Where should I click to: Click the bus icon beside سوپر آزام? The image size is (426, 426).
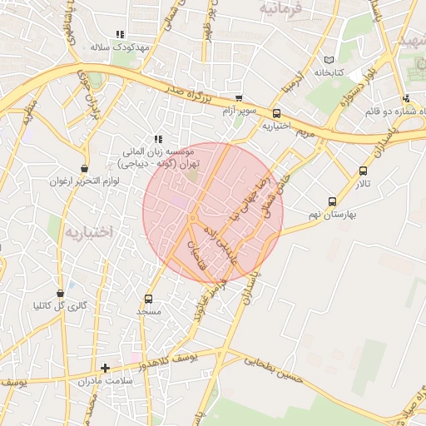[240, 97]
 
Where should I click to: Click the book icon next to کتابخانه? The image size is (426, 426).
[330, 61]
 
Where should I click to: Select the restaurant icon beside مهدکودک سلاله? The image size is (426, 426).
[120, 34]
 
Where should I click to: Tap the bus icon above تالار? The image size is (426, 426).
[362, 171]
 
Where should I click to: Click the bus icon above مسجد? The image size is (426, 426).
[149, 299]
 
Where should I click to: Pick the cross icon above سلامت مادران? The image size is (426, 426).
[105, 368]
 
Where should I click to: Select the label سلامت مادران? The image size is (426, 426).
[107, 381]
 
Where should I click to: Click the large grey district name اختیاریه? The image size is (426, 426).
[88, 231]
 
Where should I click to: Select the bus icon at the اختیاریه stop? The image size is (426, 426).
[276, 114]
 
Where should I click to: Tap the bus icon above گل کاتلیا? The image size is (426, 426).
[60, 293]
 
